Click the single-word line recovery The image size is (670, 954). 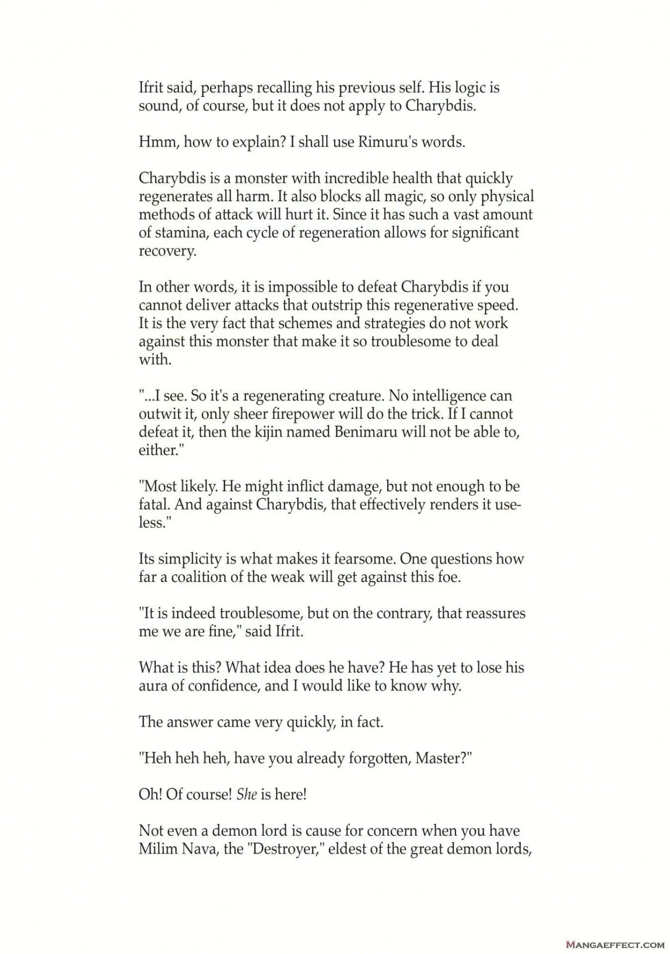[167, 251]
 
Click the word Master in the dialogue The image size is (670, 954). [440, 758]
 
